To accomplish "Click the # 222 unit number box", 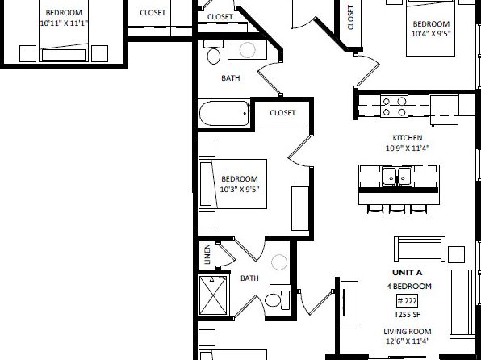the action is [x=407, y=301].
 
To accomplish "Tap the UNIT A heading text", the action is [x=407, y=273].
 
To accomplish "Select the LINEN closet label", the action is [x=207, y=254].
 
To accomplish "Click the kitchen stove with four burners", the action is [x=394, y=107].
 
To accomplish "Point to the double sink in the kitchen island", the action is [x=397, y=176].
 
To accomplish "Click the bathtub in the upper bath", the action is [x=224, y=113].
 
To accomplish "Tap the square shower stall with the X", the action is [x=214, y=295].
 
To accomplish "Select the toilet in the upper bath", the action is [x=214, y=52].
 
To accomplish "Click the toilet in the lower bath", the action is [x=277, y=299].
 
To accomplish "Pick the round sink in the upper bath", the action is [x=247, y=50].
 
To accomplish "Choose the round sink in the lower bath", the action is [x=279, y=262].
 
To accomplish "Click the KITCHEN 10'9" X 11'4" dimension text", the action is [x=408, y=143].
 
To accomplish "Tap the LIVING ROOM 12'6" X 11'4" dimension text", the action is [x=408, y=336].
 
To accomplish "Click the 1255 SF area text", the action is [x=408, y=315].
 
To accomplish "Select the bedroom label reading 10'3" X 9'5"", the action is [x=240, y=184].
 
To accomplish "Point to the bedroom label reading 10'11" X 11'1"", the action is [x=64, y=18].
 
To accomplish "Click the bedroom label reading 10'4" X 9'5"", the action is [x=431, y=28].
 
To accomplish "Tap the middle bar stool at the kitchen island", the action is [x=396, y=209].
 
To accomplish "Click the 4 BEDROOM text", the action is [x=409, y=287].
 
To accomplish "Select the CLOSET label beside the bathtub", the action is [x=282, y=113].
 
